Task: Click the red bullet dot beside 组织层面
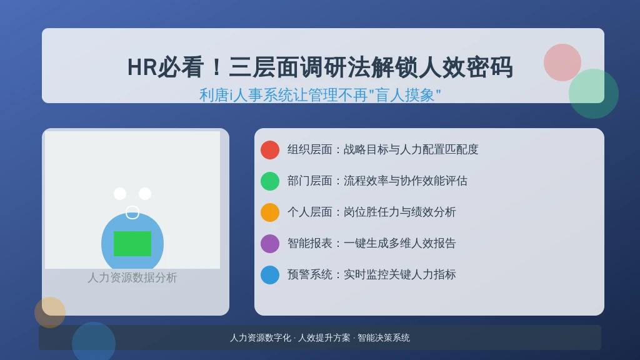[x=270, y=150]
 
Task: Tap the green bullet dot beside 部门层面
[x=270, y=181]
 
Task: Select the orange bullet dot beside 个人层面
[x=270, y=212]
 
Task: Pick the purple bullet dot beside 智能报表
[x=270, y=244]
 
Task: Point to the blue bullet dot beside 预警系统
[x=270, y=275]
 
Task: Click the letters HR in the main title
[x=142, y=67]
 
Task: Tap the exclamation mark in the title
[x=216, y=67]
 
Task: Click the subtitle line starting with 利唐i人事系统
[x=320, y=95]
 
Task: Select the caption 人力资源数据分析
[x=132, y=277]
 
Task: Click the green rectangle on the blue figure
[x=132, y=244]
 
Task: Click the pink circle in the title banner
[x=562, y=62]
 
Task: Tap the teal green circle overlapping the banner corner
[x=594, y=94]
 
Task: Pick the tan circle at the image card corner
[x=50, y=312]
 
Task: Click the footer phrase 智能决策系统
[x=384, y=338]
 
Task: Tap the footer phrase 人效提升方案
[x=324, y=338]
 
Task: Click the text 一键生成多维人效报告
[x=399, y=243]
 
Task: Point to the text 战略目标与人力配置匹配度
[x=411, y=149]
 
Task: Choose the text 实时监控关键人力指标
[x=399, y=274]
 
